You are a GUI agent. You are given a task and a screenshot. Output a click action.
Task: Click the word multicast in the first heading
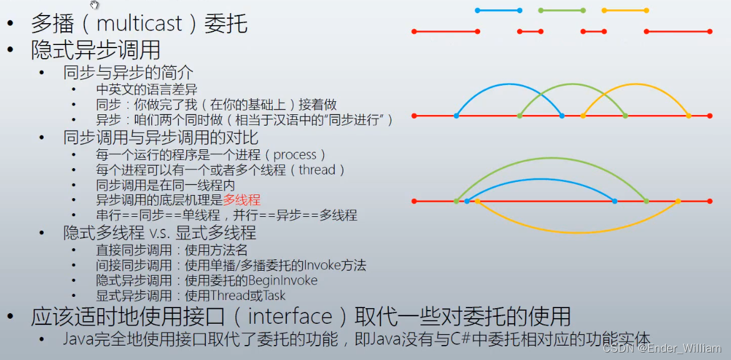pos(139,24)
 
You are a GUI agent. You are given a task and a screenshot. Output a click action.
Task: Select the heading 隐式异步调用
pos(95,49)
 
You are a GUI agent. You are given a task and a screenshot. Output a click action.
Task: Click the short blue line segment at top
pos(498,10)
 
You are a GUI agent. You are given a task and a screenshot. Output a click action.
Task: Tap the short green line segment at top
pos(562,10)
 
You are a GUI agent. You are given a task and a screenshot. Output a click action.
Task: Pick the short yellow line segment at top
pos(625,10)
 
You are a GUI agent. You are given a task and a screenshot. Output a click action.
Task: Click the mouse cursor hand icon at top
pos(94,6)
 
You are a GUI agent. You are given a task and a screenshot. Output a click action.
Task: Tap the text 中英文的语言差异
pos(147,89)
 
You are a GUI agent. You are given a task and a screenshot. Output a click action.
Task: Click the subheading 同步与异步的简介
pos(128,72)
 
